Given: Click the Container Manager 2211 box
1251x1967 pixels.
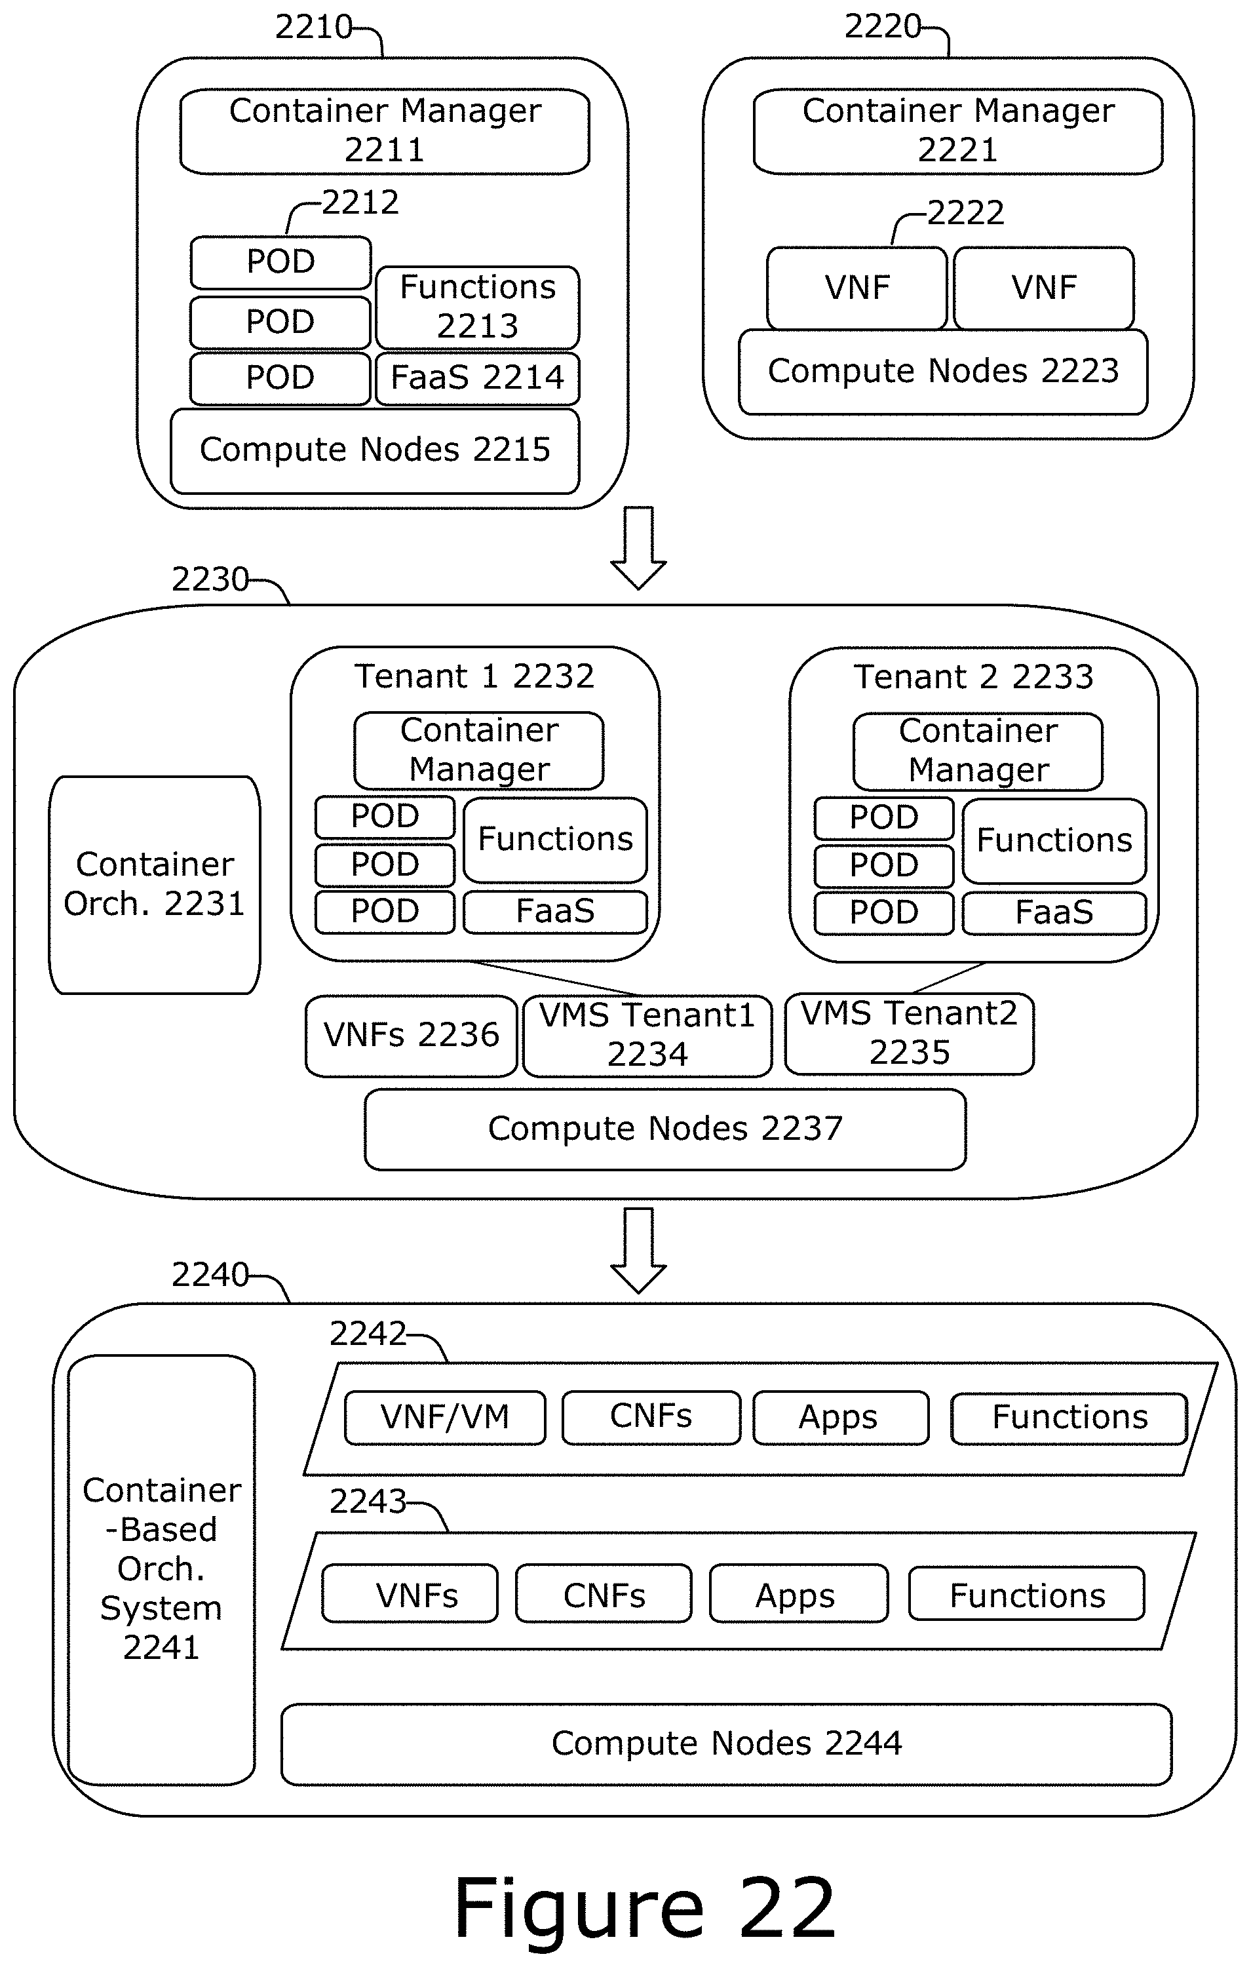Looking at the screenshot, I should coord(385,130).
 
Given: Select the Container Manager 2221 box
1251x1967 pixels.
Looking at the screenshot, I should coord(958,130).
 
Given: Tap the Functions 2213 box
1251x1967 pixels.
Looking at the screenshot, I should coord(478,307).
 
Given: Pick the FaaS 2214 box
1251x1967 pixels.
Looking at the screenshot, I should coord(478,378).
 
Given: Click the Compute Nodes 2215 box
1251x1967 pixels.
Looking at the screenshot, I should coord(375,451).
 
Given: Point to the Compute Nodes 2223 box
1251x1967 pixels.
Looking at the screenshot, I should coord(943,372).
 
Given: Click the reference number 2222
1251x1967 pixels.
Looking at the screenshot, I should coord(966,213).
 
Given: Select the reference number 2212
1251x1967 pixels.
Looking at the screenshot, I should coord(360,203).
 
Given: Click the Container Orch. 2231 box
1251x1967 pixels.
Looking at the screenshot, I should coord(155,885).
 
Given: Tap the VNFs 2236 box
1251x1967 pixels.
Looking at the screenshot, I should coord(411,1035).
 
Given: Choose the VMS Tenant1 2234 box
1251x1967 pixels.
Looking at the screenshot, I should coord(647,1035).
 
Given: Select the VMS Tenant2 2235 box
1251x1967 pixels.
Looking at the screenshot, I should coord(909,1034).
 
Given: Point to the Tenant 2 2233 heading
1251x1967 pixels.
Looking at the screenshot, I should coord(973,677).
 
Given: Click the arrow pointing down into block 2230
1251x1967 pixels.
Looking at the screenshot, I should coord(638,548).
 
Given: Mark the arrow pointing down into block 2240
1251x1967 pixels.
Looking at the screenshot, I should coord(638,1250).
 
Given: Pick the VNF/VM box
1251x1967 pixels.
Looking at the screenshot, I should coord(445,1417).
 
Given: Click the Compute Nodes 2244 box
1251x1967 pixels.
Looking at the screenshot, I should coord(726,1743).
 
